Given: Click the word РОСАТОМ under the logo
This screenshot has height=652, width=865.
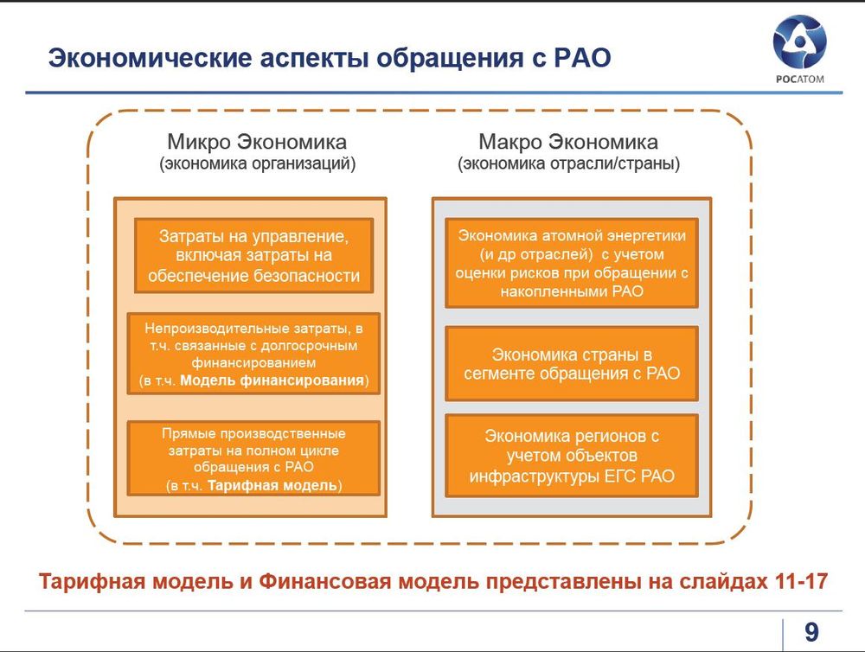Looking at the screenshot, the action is tap(800, 79).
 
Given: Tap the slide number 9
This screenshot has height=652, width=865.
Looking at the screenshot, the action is tap(811, 631).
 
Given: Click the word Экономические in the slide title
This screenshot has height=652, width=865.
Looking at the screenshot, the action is tap(150, 58).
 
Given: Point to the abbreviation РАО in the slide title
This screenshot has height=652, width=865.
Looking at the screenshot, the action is tap(582, 58).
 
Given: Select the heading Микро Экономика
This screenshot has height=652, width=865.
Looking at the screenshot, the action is tap(257, 142).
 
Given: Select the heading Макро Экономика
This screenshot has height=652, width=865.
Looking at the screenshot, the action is tap(568, 142).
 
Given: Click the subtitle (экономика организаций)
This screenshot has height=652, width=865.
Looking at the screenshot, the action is tap(258, 163).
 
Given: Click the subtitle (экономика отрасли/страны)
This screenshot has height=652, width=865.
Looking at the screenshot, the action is tap(569, 163).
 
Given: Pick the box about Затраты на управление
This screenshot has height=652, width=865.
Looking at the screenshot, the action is tap(253, 255).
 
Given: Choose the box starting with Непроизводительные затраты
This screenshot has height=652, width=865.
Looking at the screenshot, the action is tap(253, 354).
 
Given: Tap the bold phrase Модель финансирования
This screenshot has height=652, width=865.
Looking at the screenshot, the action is tap(272, 380).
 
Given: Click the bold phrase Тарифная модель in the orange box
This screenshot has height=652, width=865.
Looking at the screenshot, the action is tap(272, 485).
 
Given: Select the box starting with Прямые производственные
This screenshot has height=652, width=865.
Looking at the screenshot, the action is tap(253, 458).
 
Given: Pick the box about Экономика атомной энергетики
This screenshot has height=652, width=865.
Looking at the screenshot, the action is tap(572, 263).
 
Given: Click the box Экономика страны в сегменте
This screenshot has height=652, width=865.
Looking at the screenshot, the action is tap(572, 363).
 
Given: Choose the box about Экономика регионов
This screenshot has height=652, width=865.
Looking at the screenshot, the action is tap(572, 456).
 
